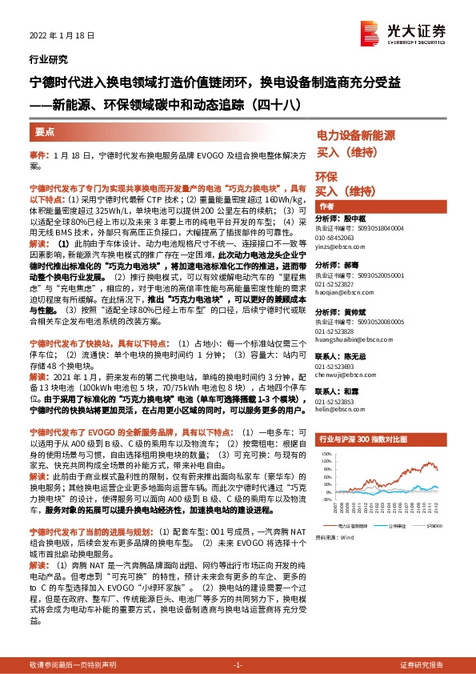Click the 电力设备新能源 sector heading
[358, 135]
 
